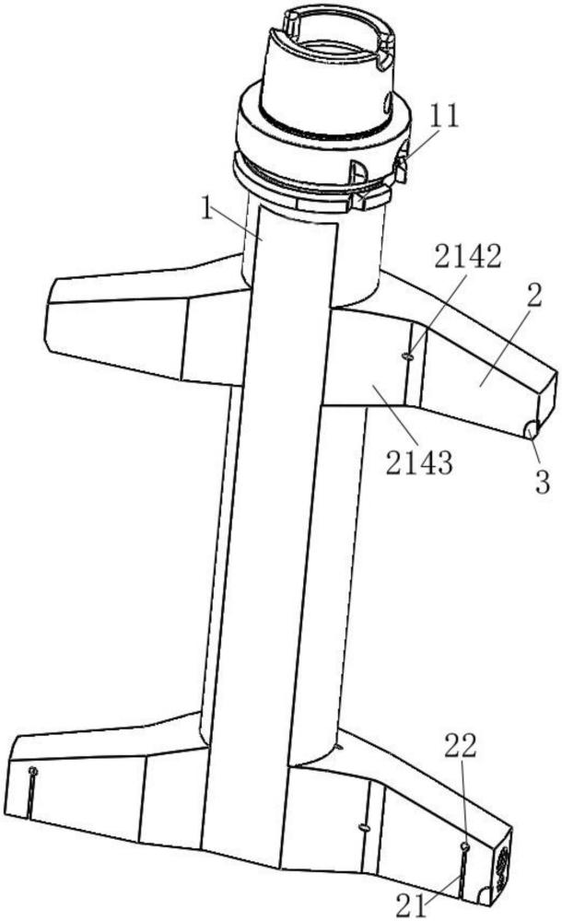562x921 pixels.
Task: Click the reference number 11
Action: [445, 117]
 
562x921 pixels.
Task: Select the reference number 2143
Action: [419, 460]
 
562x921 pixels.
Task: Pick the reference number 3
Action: [543, 479]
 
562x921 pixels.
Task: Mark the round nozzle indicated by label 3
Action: [530, 429]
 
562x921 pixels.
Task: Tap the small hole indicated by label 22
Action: [465, 845]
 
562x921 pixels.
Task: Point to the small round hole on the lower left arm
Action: [33, 770]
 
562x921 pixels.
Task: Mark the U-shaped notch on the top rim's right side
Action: [383, 56]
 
